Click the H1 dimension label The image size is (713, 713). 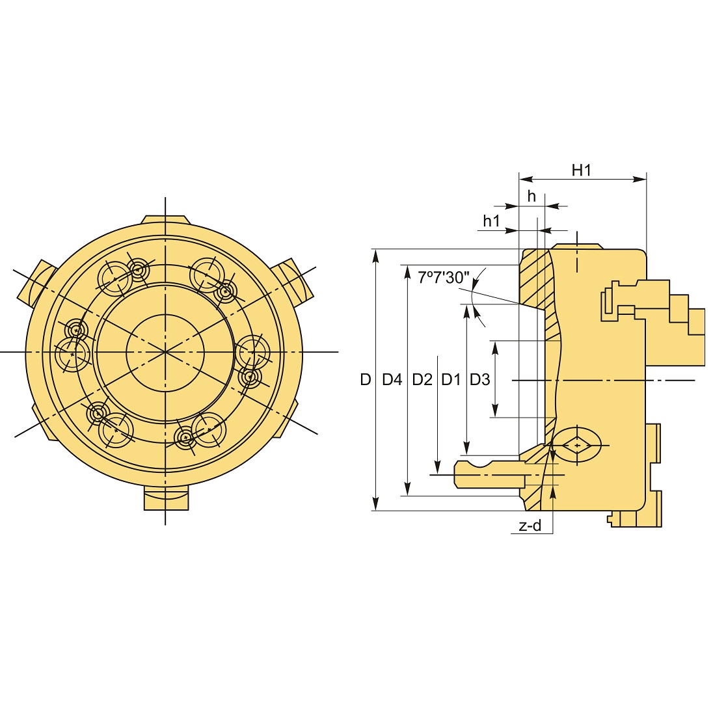(581, 170)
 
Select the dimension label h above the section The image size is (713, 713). (531, 196)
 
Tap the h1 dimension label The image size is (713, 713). (491, 221)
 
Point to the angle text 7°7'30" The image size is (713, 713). (443, 278)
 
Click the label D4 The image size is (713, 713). (392, 379)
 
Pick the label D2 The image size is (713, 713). (422, 379)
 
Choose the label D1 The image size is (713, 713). (451, 379)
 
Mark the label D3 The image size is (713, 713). (479, 379)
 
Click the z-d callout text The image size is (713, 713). (530, 526)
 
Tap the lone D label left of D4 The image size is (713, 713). (366, 379)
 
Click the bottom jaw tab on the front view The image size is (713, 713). (165, 499)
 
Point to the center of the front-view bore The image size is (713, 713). (165, 352)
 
